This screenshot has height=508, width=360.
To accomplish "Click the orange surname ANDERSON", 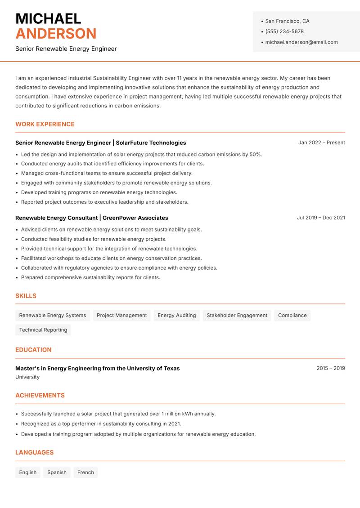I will click(x=56, y=34).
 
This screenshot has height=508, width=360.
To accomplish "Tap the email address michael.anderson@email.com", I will click(x=301, y=42).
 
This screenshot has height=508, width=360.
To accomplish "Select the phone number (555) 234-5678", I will click(x=284, y=31).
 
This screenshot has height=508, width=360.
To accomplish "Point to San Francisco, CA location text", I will click(x=287, y=21).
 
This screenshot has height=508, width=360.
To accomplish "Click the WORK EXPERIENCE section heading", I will click(x=45, y=124).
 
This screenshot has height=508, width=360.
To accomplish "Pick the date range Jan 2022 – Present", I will click(x=321, y=143).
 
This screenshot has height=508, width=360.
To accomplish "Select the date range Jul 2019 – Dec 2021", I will click(x=321, y=218).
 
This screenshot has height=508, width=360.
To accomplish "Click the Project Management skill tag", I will click(x=121, y=316).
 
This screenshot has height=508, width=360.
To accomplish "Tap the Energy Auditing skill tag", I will click(x=176, y=316).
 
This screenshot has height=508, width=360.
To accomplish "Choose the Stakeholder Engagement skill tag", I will click(x=237, y=316).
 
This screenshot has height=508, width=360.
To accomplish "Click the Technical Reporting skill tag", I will click(x=43, y=330).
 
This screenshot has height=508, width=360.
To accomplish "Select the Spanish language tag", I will click(x=57, y=472).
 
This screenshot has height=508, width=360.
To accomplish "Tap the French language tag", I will click(x=85, y=472).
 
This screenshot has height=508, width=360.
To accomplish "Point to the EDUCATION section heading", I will click(x=33, y=350).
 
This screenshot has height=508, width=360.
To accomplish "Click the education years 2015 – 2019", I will click(x=330, y=368).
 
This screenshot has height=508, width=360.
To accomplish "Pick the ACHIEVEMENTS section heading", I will click(x=40, y=396).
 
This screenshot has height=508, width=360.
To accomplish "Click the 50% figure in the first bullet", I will click(x=255, y=154).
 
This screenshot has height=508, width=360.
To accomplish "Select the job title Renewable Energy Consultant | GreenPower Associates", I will click(x=92, y=218).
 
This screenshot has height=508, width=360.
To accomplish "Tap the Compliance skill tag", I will click(x=292, y=316).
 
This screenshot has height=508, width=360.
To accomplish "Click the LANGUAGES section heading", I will click(x=34, y=453).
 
